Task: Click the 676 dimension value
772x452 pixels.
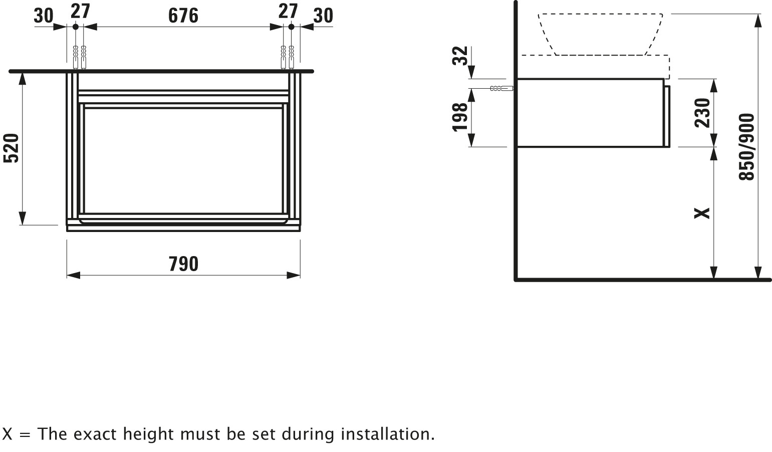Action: tap(183, 16)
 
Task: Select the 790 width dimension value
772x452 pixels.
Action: tap(183, 264)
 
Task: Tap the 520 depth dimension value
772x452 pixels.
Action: tap(12, 148)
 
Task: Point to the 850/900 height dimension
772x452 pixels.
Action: tap(747, 147)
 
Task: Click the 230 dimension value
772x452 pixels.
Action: tap(703, 113)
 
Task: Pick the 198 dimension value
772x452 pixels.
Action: tap(460, 117)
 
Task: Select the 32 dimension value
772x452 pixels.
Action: tap(460, 56)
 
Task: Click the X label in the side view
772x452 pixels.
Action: tap(702, 213)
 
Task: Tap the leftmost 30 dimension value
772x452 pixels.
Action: tap(44, 16)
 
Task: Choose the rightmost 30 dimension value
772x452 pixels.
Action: tap(323, 16)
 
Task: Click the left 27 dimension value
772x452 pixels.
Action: tap(80, 12)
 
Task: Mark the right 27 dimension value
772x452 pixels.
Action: tap(288, 12)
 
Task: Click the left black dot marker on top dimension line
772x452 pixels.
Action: tap(76, 27)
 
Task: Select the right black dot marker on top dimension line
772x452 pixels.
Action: tap(291, 27)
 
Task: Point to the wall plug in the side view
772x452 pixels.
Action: tap(502, 89)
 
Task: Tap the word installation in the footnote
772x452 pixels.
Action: tap(387, 434)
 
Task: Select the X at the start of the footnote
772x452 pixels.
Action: tap(7, 434)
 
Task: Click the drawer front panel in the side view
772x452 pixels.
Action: tap(667, 117)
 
